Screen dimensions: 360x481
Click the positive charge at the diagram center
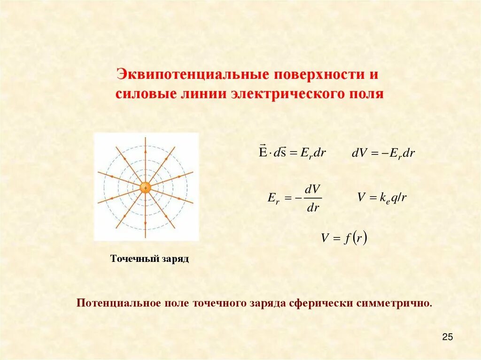click(x=146, y=188)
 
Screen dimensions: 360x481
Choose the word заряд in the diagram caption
click(x=174, y=259)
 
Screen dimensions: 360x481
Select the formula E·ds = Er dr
click(x=292, y=153)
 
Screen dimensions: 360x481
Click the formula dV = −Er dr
click(x=383, y=153)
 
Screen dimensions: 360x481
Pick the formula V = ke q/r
click(x=382, y=198)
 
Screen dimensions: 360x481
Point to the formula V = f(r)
click(x=344, y=238)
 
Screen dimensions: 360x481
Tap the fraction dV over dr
click(x=313, y=198)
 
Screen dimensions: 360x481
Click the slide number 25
click(x=447, y=337)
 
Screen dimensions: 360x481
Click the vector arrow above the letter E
click(x=262, y=146)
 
